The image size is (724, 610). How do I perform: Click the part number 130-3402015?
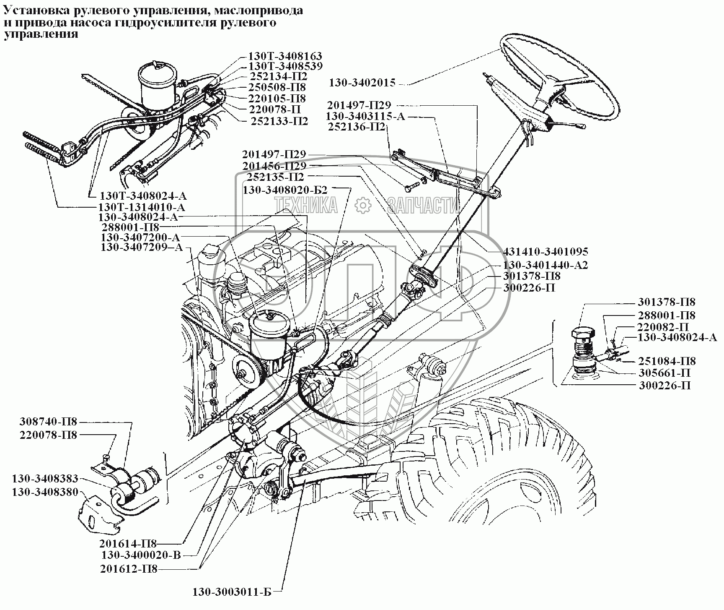pyautogui.click(x=362, y=83)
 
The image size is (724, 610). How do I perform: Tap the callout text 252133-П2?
pyautogui.click(x=279, y=121)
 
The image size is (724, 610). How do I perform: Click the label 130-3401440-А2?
pyautogui.click(x=545, y=265)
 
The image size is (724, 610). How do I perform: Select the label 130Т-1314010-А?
pyautogui.click(x=141, y=207)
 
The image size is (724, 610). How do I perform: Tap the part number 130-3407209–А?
pyautogui.click(x=142, y=248)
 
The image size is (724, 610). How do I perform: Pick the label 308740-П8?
pyautogui.click(x=48, y=422)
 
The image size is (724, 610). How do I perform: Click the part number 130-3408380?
pyautogui.click(x=45, y=492)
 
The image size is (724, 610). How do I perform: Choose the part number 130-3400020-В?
pyautogui.click(x=141, y=555)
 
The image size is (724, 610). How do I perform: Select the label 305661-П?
pyautogui.click(x=665, y=373)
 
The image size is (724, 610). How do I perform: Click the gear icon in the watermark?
pyautogui.click(x=363, y=205)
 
